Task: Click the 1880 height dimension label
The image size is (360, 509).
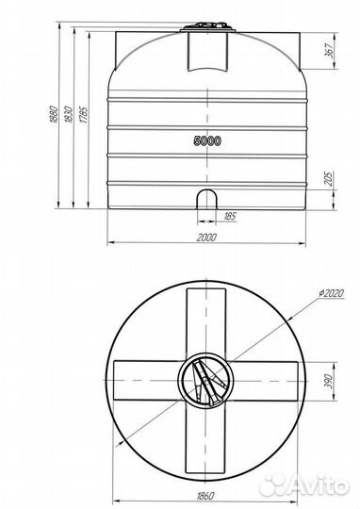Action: click(x=54, y=114)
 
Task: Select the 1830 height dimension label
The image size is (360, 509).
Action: click(x=69, y=114)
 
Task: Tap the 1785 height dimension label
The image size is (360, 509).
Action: click(x=84, y=115)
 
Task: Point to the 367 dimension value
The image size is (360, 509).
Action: click(x=330, y=50)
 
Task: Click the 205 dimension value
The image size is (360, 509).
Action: click(x=329, y=178)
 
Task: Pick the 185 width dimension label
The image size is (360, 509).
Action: click(x=230, y=216)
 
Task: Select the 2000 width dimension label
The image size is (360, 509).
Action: click(x=206, y=238)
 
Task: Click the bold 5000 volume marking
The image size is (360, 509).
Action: click(x=207, y=140)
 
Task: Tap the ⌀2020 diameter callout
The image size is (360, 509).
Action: click(x=331, y=293)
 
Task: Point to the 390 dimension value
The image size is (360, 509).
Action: click(x=329, y=382)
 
